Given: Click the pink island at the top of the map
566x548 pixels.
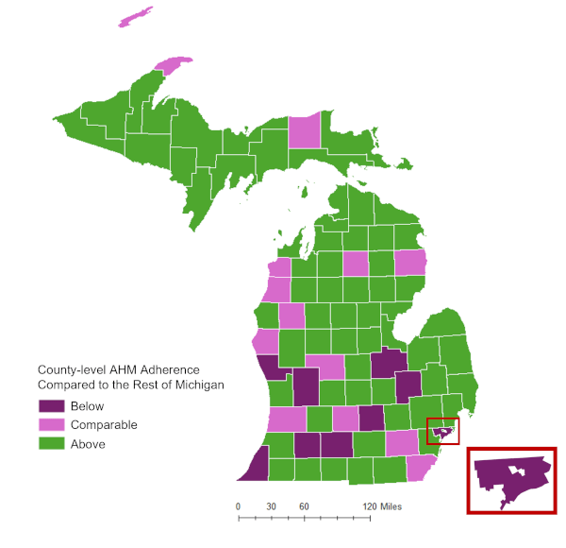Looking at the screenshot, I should click(135, 17).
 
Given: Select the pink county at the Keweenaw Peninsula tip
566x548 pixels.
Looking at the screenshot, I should click(173, 65).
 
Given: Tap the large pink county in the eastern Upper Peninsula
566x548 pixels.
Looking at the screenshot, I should click(304, 130).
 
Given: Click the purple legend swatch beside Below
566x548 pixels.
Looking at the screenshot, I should click(50, 406).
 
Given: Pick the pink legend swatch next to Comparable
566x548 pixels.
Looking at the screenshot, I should click(50, 425).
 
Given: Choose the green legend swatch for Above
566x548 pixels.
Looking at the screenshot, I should click(50, 444).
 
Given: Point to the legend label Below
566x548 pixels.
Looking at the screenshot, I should click(87, 406).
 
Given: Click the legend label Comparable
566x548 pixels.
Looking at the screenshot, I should click(104, 425).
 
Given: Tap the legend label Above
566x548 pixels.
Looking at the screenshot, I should click(88, 444).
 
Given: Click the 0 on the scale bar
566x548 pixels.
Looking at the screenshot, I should click(238, 507).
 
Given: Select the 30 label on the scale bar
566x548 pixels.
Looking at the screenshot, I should click(271, 507).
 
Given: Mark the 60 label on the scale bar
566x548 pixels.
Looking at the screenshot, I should click(305, 507).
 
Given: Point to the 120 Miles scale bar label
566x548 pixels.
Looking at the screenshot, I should click(382, 507).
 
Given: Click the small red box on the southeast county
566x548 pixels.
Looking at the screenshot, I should click(443, 431).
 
